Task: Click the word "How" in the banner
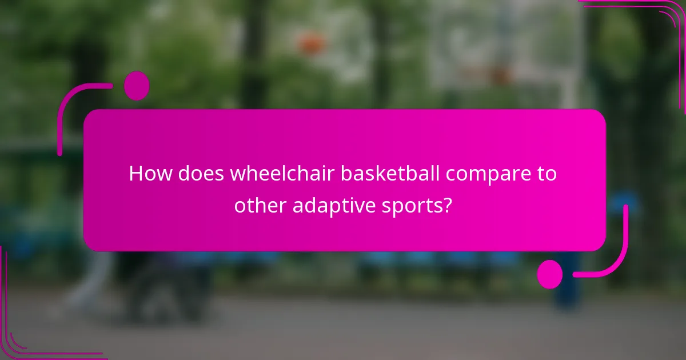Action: point(150,174)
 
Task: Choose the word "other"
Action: point(260,205)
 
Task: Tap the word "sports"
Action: point(411,206)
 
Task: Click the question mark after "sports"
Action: point(448,205)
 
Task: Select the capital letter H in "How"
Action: point(136,174)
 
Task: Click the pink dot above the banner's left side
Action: point(137,86)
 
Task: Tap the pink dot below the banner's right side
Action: point(550,274)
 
